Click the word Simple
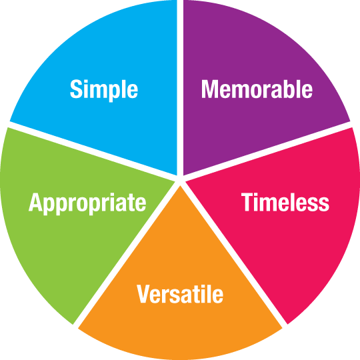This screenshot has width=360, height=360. coord(104,90)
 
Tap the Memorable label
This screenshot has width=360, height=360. coord(257,89)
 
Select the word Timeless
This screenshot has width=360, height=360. coord(285,202)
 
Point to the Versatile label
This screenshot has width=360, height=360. coord(180,293)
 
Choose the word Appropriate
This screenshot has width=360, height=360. coord(87,203)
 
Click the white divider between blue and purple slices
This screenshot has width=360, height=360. coord(180,87)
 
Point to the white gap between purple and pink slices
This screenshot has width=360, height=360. coord(267,150)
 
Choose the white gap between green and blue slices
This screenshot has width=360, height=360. coord(93,150)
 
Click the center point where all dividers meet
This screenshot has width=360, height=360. coord(180,180)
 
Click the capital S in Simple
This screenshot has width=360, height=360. coord(76,89)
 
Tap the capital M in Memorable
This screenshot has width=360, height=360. coord(209,89)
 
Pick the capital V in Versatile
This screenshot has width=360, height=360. coord(144,294)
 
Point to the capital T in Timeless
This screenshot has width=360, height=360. coord(247,202)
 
